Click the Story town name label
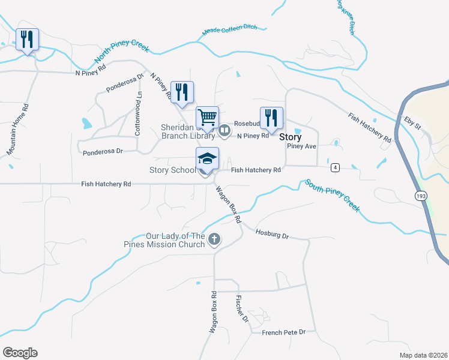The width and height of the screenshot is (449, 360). [x=291, y=137]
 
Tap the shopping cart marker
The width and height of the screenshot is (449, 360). [x=207, y=116]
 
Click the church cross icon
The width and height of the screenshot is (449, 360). [x=214, y=240]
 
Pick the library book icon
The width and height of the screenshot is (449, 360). [x=224, y=130]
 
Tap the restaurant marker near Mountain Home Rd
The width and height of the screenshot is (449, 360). [x=27, y=40]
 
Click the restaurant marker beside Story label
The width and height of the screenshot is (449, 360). [x=271, y=117]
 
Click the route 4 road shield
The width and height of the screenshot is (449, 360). [x=335, y=167]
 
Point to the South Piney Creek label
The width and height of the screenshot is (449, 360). [x=331, y=196]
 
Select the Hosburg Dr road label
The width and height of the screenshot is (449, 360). [x=272, y=234]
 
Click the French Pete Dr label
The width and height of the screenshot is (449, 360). [x=284, y=332]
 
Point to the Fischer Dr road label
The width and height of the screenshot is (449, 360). [x=242, y=308]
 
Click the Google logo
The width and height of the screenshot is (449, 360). [x=20, y=352]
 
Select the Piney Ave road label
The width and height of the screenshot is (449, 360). [x=301, y=146]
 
